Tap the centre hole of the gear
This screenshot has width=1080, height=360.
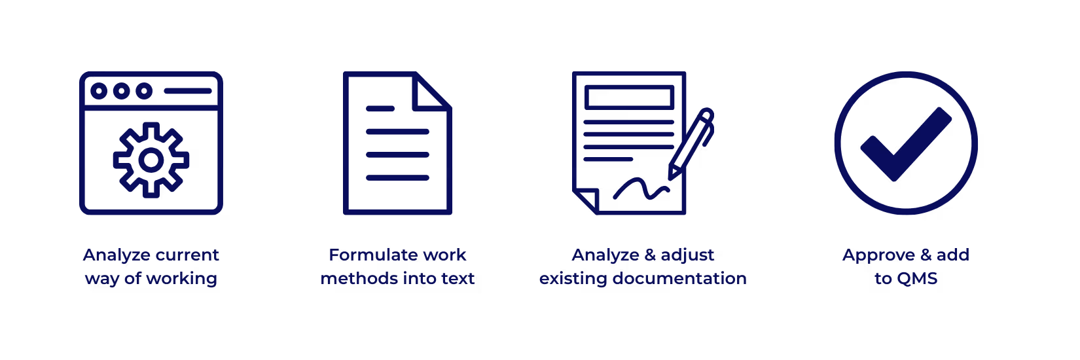point(151,160)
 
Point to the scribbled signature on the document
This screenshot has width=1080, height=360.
point(639,189)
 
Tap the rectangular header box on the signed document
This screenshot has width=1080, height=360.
point(630,97)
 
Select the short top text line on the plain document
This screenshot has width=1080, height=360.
point(380,109)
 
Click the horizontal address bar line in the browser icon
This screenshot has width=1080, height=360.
point(188,91)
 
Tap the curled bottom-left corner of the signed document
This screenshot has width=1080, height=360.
point(585,200)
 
